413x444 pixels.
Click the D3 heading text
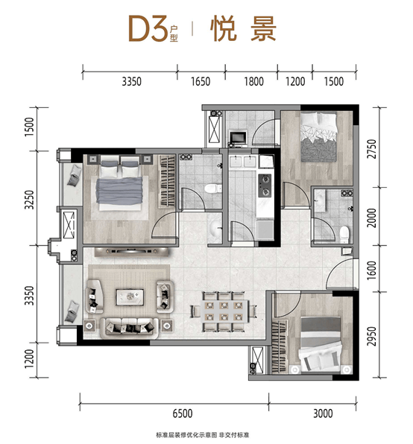(x=148, y=29)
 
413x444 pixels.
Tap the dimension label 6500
(x=183, y=413)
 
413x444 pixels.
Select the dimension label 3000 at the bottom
(x=323, y=413)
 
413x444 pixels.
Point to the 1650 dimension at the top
(x=201, y=81)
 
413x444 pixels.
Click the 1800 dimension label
(x=253, y=81)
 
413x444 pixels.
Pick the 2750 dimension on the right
(x=372, y=149)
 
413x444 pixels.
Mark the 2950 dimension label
(x=372, y=337)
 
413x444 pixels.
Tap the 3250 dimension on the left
(x=30, y=200)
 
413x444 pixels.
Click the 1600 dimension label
(x=372, y=270)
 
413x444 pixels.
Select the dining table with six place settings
(x=224, y=311)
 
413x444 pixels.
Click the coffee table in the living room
(x=130, y=296)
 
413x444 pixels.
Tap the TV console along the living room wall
(x=132, y=252)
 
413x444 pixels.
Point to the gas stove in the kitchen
(x=265, y=185)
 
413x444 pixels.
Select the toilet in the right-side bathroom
(x=344, y=235)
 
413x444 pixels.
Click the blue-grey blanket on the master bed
(x=119, y=191)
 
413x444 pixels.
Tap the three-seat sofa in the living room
(x=129, y=328)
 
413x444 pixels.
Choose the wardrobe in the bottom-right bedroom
(x=280, y=346)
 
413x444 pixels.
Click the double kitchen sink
(x=243, y=162)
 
